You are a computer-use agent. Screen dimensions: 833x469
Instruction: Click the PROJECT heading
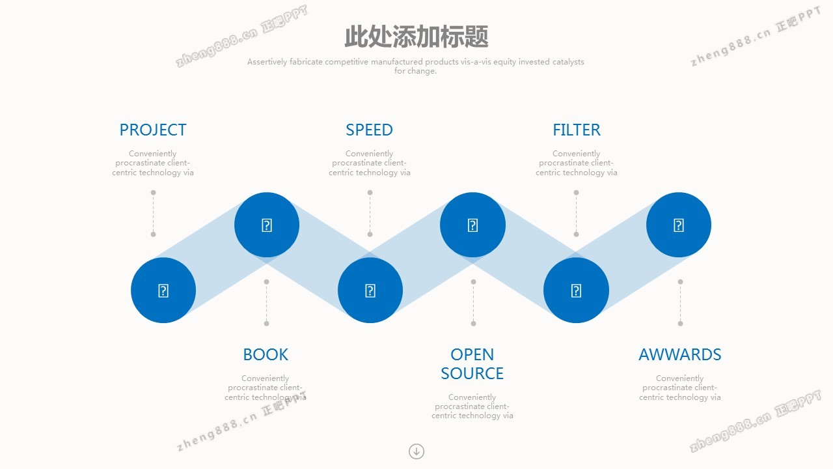click(153, 130)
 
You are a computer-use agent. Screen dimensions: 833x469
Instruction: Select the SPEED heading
click(369, 130)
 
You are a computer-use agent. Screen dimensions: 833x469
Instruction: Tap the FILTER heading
click(577, 130)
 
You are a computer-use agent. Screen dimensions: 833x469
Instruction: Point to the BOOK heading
click(266, 354)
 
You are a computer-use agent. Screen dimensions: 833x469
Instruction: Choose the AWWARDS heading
click(680, 354)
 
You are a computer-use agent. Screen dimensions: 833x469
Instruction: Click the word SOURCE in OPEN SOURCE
click(472, 373)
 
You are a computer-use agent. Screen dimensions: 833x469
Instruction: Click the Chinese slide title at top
click(416, 36)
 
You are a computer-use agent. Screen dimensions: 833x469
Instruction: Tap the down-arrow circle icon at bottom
click(416, 451)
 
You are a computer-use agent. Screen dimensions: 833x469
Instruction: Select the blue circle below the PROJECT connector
click(163, 290)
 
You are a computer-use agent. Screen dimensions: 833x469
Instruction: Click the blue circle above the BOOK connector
click(267, 225)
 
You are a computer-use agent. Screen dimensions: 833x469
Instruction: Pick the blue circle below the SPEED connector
click(370, 290)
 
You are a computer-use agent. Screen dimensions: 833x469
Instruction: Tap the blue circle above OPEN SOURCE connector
click(472, 225)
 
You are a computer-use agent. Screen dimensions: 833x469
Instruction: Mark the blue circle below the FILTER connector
click(576, 290)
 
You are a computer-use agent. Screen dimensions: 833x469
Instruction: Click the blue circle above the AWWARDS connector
click(679, 225)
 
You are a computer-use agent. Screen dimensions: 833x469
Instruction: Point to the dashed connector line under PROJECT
click(153, 213)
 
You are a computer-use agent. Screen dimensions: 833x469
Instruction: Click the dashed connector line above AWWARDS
click(680, 303)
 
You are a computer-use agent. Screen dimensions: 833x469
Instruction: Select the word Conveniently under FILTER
click(576, 154)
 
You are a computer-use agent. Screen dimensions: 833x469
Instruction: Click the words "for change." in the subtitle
click(415, 71)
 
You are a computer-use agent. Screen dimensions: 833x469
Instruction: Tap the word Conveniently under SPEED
click(369, 154)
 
